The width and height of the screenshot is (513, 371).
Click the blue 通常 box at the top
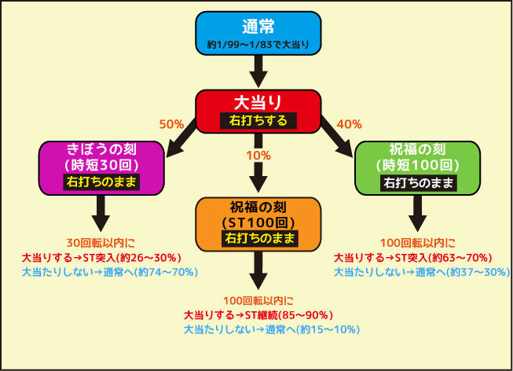[258, 33]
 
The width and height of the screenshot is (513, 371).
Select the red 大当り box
[258, 112]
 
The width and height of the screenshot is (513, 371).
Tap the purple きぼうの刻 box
[101, 168]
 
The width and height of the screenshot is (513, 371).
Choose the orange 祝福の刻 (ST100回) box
[258, 224]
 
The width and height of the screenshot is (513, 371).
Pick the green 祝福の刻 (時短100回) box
[417, 168]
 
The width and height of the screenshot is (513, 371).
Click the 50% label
[171, 124]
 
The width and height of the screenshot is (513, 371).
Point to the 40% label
[350, 124]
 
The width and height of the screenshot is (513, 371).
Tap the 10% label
[258, 156]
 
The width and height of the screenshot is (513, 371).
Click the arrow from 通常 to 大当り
[258, 72]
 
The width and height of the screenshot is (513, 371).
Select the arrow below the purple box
[101, 214]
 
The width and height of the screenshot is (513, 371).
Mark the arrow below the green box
[417, 214]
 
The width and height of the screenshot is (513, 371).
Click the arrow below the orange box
[258, 270]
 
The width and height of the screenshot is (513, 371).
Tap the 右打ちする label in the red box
[258, 121]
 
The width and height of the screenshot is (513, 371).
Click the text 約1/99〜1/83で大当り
[258, 45]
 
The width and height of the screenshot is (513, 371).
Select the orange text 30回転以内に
[101, 243]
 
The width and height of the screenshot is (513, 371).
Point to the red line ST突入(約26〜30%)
[101, 258]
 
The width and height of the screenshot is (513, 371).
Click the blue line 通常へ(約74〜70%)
[110, 272]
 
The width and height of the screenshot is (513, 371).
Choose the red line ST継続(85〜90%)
[258, 315]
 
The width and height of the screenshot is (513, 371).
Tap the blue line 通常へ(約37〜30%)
[422, 272]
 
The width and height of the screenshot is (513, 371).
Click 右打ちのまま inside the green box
[419, 182]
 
